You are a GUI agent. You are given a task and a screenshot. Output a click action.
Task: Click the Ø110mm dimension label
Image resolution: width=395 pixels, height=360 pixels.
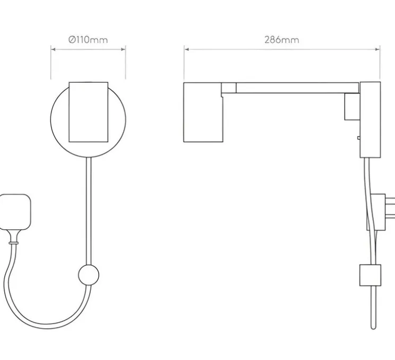point(88,40)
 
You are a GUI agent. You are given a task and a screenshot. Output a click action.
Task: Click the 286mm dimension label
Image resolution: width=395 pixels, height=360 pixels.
point(281,40)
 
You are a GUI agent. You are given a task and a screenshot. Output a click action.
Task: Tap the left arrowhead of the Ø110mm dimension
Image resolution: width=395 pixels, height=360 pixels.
point(53,49)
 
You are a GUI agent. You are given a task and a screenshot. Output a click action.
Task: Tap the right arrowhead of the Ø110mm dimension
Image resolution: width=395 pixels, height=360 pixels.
point(123,49)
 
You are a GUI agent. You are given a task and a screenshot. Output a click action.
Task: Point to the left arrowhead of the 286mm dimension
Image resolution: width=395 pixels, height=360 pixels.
point(186,49)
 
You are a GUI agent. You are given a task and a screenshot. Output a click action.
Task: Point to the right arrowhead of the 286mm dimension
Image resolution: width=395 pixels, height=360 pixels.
point(377,49)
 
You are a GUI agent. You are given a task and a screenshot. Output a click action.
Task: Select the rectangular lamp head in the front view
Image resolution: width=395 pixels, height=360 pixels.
point(89,112)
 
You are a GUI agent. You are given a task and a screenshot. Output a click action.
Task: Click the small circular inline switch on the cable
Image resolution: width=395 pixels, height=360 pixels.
point(89,275)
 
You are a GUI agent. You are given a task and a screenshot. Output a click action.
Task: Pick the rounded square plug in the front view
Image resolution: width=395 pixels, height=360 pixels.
point(15,212)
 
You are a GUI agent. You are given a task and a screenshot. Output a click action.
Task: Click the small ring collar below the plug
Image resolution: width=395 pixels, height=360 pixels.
point(13,243)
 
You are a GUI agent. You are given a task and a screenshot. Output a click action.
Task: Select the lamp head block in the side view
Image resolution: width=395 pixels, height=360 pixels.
point(203,112)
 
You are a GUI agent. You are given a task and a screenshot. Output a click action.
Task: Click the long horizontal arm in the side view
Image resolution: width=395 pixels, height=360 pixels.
point(297,88)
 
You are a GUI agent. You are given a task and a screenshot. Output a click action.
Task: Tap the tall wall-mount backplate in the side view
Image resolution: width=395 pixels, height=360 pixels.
point(370,119)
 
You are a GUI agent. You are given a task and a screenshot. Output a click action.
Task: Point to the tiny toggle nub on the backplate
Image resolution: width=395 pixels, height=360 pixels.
point(358,138)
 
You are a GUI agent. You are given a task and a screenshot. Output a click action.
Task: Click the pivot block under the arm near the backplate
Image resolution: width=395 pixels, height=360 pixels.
point(352,107)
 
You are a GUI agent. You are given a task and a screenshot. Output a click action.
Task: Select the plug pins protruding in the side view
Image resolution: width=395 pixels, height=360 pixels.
point(390,208)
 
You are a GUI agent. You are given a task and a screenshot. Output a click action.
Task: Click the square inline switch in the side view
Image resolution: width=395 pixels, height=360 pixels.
point(370,275)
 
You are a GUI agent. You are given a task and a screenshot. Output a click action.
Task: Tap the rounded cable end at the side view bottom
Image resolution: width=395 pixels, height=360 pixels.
point(373,327)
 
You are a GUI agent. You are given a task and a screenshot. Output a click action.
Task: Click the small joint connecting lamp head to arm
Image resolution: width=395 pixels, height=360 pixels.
point(229,88)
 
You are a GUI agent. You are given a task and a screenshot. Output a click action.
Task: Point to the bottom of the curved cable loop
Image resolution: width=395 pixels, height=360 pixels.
point(47,326)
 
